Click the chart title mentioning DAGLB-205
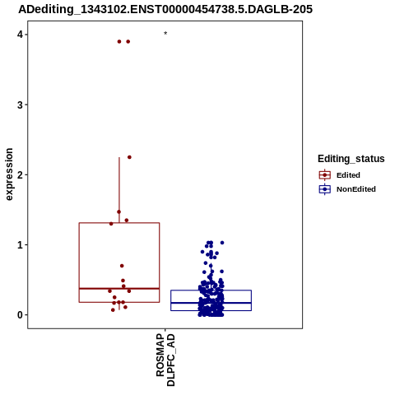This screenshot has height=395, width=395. pyautogui.click(x=165, y=9)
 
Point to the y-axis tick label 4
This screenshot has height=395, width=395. pyautogui.click(x=20, y=35)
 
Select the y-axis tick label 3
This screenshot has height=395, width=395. pyautogui.click(x=20, y=105)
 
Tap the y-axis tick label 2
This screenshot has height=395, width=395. pyautogui.click(x=20, y=174)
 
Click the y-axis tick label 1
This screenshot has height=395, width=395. pyautogui.click(x=20, y=244)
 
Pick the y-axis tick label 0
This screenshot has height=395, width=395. pyautogui.click(x=20, y=315)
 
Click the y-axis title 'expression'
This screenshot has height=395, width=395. pyautogui.click(x=9, y=174)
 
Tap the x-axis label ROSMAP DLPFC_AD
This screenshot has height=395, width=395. pyautogui.click(x=165, y=360)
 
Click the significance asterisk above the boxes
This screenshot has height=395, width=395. pyautogui.click(x=165, y=33)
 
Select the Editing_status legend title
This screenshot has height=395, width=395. pyautogui.click(x=351, y=159)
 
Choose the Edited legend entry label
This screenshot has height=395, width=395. pyautogui.click(x=348, y=175)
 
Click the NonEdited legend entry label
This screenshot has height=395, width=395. pyautogui.click(x=356, y=189)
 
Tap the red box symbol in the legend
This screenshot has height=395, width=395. pyautogui.click(x=325, y=175)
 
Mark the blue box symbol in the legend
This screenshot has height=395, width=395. pyautogui.click(x=325, y=189)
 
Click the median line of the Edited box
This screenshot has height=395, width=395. pyautogui.click(x=119, y=289)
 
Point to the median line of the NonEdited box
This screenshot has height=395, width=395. pyautogui.click(x=211, y=303)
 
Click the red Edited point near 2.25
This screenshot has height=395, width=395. pyautogui.click(x=129, y=157)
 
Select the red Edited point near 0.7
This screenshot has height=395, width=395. pyautogui.click(x=122, y=266)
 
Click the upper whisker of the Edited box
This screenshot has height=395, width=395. pyautogui.click(x=119, y=190)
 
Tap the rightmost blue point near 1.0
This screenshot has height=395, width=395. pyautogui.click(x=222, y=243)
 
